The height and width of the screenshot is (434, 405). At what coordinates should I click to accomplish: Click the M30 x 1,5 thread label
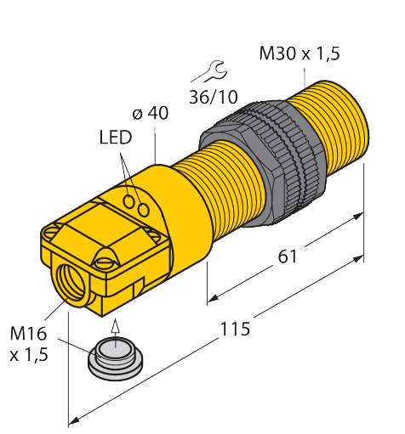click(299, 54)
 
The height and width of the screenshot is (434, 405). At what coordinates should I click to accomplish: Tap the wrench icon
click(211, 70)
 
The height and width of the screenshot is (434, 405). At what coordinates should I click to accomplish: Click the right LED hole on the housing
click(144, 208)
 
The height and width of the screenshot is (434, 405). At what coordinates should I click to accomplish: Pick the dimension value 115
click(233, 329)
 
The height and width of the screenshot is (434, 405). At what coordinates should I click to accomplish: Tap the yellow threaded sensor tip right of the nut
click(336, 119)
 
